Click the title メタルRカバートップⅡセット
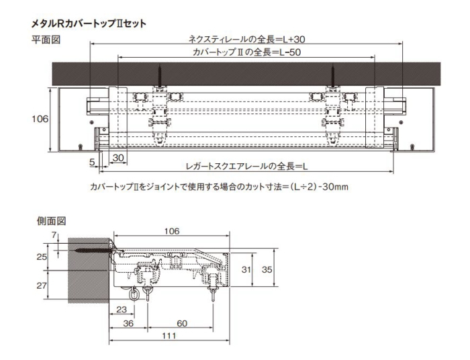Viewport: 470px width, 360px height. pos(89,24)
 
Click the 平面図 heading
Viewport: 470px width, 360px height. pos(46,40)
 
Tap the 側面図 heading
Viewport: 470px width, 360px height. pos(51,221)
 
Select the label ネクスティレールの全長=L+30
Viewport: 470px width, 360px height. pos(246,39)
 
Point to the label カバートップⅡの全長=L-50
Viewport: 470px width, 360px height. pos(246,52)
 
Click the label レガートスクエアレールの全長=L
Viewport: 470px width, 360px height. pos(246,166)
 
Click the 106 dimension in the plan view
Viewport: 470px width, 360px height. pos(40,119)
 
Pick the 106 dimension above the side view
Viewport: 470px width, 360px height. pos(172,231)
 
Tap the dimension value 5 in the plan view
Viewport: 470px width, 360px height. pos(93,162)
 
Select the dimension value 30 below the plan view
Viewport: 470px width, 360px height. pos(118,158)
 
